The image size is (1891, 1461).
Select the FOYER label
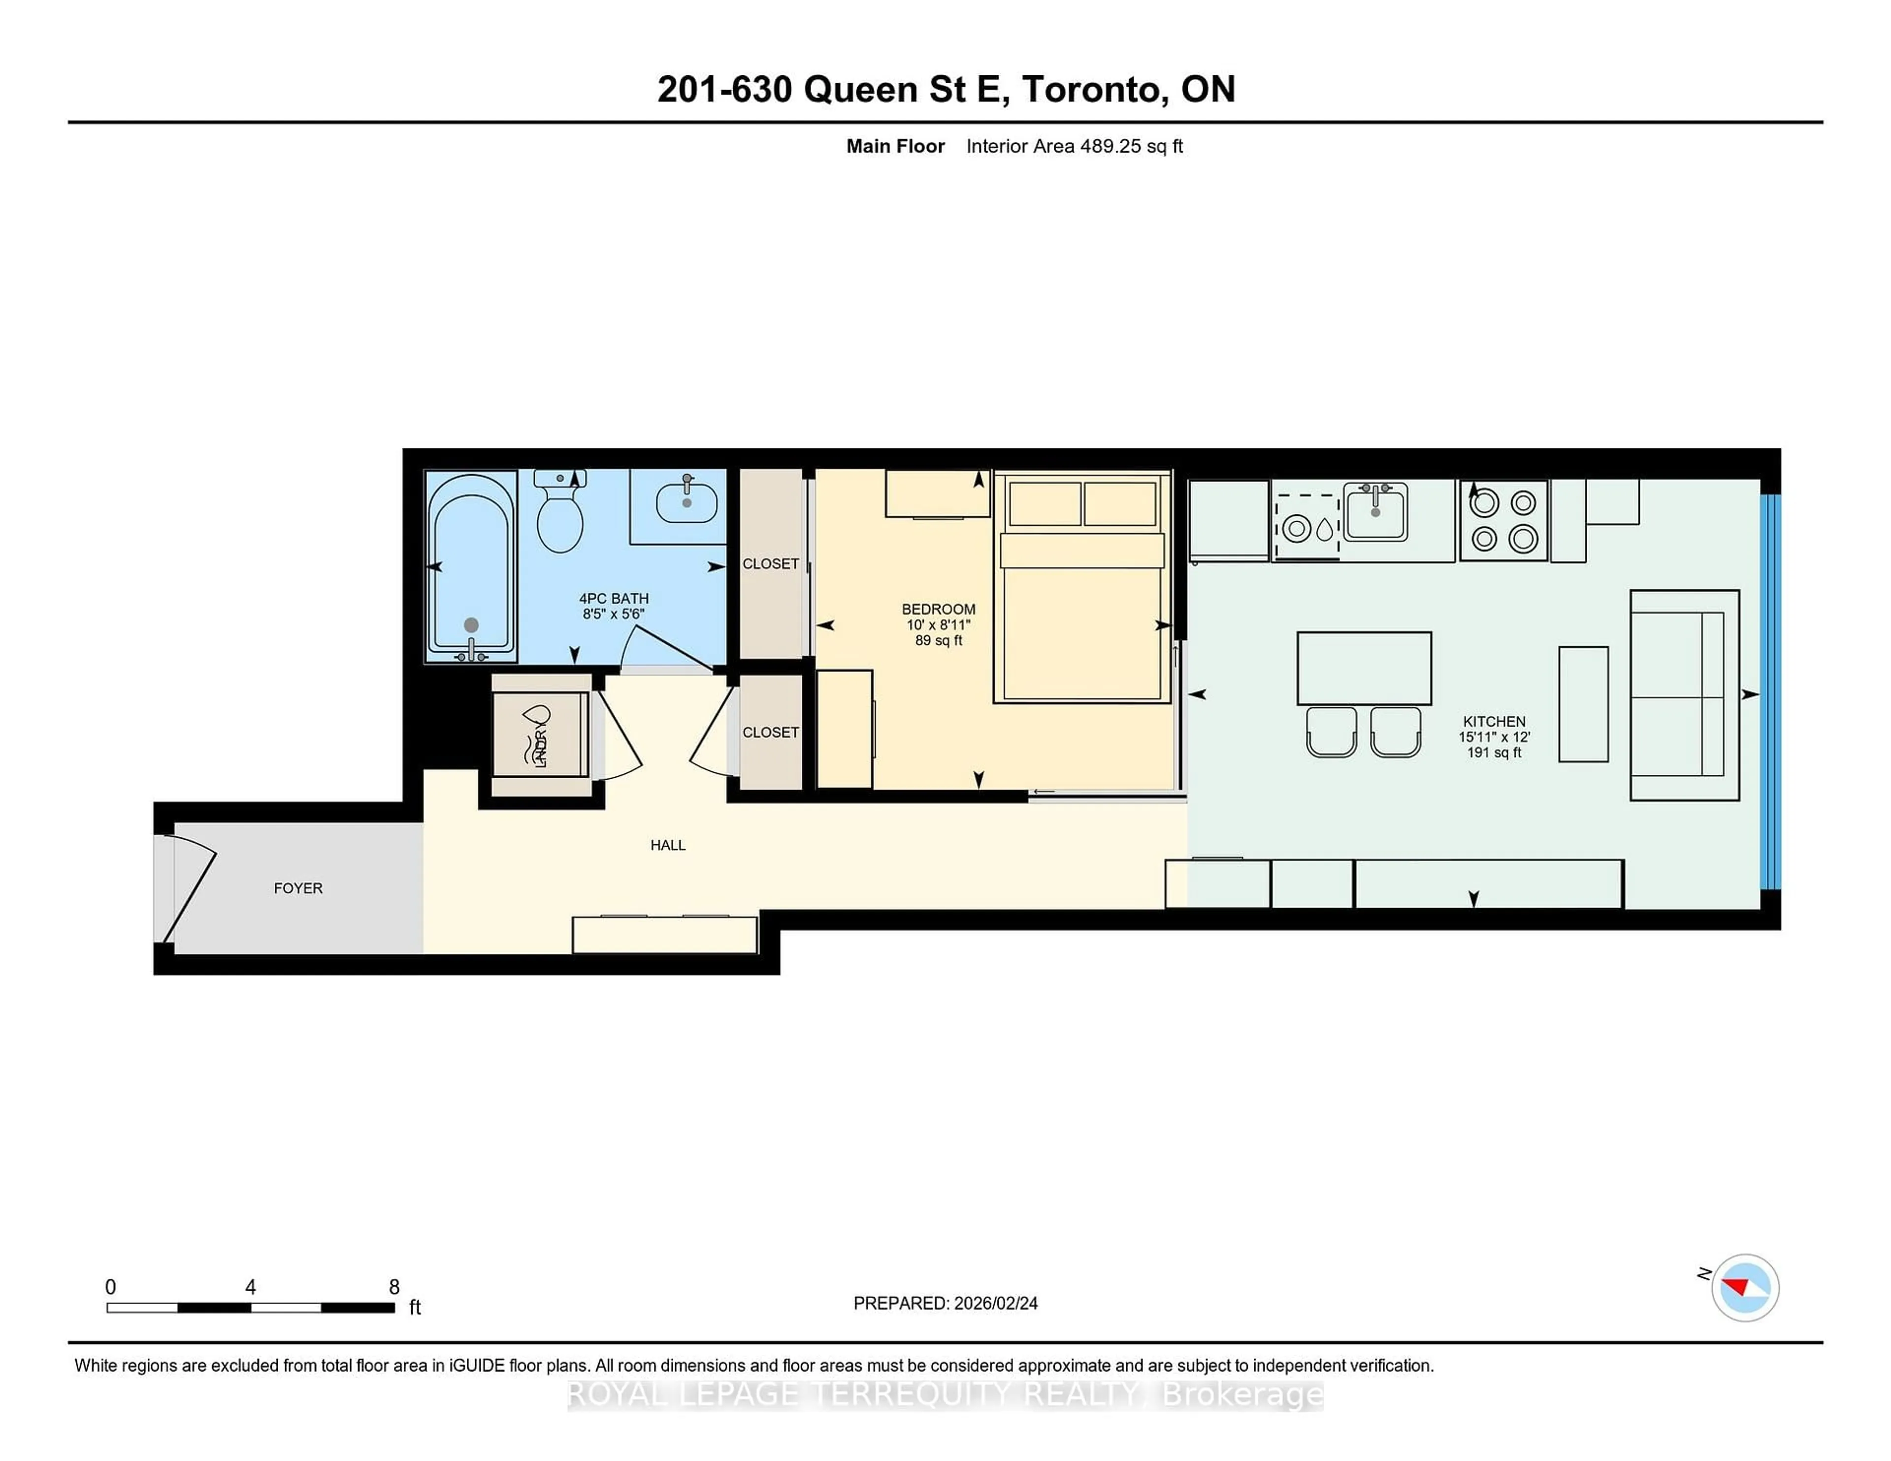298,888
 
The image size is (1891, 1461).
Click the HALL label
668,845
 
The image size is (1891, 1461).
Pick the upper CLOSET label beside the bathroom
770,564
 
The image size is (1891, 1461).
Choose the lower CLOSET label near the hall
770,732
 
